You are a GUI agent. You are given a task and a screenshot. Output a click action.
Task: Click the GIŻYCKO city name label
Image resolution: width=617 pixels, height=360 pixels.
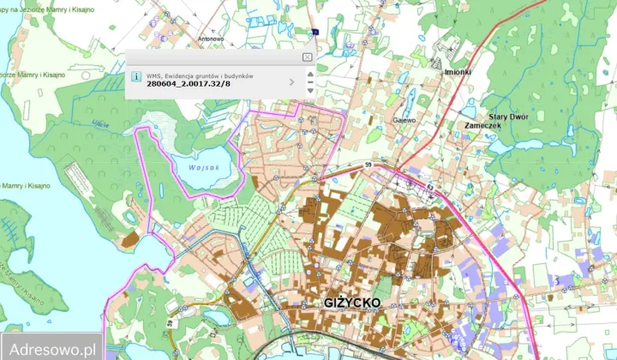coord(352,303)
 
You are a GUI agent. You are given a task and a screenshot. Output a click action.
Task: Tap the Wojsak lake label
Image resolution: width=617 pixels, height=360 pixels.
coord(201,167)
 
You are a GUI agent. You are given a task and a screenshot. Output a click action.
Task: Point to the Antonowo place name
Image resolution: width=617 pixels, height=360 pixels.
coord(211,38)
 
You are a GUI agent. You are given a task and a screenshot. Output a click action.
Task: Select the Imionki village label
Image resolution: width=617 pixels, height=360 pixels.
coord(457,72)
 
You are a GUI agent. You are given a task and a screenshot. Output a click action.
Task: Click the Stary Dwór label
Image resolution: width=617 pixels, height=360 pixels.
coord(508,117)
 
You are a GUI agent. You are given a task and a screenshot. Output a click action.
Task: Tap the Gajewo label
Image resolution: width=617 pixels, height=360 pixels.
coord(404,120)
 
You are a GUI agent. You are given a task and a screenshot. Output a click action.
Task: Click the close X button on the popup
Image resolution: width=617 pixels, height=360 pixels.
coord(308,57)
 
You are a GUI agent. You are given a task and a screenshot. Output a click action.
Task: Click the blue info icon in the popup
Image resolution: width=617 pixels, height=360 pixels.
coord(136,76)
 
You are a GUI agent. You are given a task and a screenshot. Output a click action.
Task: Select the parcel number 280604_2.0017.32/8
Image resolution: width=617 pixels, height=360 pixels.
coord(189,83)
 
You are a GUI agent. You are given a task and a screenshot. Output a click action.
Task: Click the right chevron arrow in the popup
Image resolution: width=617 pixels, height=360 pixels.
coord(292,82)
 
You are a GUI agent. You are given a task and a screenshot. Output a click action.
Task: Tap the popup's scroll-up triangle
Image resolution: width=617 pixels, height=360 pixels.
coord(309,75)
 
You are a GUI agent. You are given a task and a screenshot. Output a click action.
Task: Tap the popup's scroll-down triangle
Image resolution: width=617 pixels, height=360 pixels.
coord(309,90)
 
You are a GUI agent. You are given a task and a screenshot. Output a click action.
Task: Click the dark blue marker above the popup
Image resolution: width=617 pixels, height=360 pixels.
coord(316,33)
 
